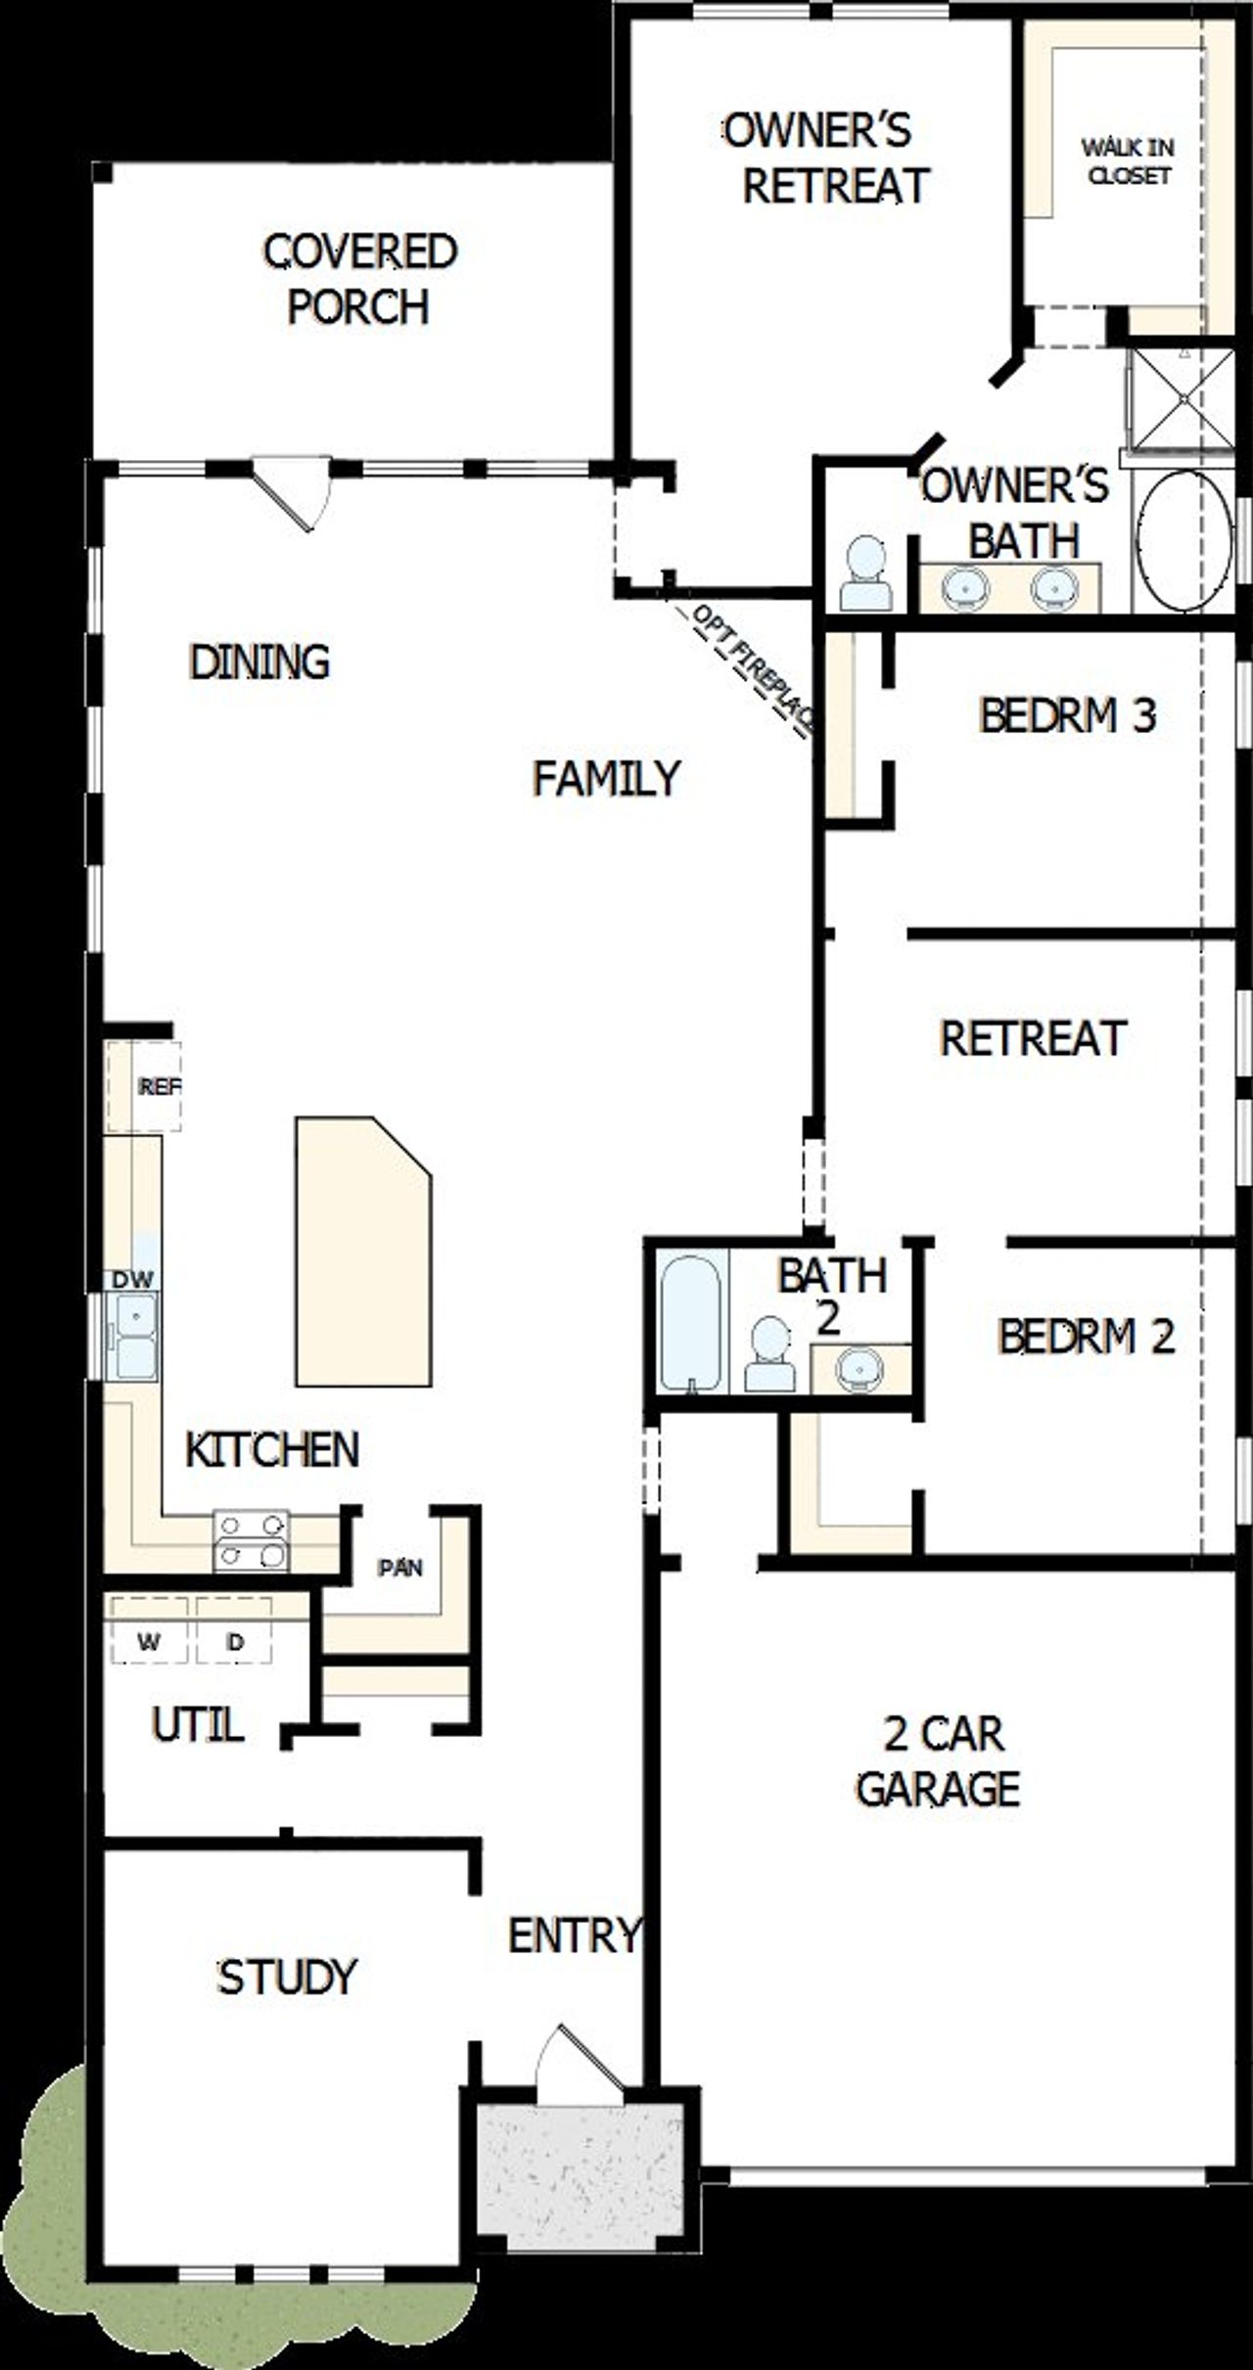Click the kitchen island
click(362, 1253)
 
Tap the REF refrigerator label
click(160, 1086)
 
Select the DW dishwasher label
click(132, 1279)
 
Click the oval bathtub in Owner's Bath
click(1183, 541)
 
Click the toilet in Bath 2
click(769, 1354)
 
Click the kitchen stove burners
click(252, 1539)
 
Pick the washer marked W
click(149, 1641)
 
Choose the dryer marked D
click(234, 1641)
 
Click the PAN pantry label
click(400, 1568)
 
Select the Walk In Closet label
click(1128, 161)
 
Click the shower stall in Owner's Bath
click(1180, 398)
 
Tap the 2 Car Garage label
click(940, 1761)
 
